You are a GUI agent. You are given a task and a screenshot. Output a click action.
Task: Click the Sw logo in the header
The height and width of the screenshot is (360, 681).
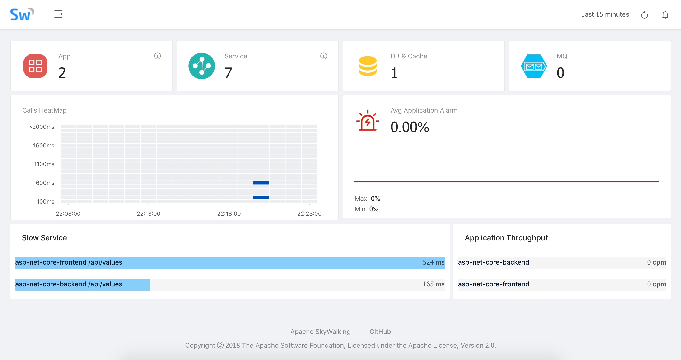tap(22, 14)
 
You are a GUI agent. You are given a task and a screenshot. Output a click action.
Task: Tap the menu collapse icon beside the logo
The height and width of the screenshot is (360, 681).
tap(58, 14)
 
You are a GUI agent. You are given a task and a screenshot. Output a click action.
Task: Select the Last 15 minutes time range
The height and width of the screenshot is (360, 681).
tap(605, 14)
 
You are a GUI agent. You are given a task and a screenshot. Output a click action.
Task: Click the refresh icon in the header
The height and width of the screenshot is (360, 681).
tap(644, 15)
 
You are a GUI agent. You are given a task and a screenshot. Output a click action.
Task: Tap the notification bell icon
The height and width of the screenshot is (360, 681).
tap(665, 15)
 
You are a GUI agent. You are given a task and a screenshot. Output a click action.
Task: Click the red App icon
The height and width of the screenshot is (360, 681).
tap(35, 66)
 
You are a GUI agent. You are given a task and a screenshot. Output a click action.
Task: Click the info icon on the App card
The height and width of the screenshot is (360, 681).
tap(158, 56)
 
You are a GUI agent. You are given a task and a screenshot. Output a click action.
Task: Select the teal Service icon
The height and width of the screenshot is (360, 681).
tap(201, 66)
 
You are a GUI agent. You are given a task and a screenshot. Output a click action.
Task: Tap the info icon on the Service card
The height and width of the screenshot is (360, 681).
tap(324, 56)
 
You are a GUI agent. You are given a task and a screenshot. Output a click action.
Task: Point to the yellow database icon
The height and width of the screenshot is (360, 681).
tap(368, 66)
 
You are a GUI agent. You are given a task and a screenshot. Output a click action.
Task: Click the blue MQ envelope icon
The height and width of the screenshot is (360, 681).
tap(534, 66)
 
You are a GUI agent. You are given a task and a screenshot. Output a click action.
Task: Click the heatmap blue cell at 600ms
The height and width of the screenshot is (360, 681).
tap(261, 183)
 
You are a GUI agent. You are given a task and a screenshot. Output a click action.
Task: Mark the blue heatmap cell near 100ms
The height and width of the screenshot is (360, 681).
tap(261, 198)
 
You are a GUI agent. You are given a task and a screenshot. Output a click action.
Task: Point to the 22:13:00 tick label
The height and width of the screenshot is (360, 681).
tap(149, 213)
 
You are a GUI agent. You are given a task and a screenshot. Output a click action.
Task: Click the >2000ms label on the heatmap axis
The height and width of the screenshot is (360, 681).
tap(42, 127)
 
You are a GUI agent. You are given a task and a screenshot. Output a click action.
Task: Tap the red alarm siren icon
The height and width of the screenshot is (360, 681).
tap(368, 120)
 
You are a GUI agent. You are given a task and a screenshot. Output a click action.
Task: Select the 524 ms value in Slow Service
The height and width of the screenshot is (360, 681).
tap(434, 262)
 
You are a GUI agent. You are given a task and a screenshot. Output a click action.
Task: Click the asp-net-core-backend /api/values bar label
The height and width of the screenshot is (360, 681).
tap(69, 284)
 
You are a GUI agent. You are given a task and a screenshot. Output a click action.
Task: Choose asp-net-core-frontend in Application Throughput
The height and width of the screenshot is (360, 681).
tap(494, 284)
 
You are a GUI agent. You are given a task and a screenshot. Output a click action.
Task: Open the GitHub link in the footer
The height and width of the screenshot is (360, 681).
tap(380, 332)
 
